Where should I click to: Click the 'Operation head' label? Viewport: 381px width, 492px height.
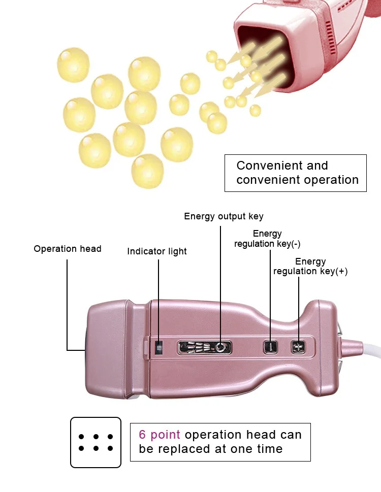point(68,249)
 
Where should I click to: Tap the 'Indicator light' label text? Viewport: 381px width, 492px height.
point(157,251)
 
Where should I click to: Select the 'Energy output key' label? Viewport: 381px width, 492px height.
point(224,216)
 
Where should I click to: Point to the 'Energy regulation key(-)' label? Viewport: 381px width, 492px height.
point(267,239)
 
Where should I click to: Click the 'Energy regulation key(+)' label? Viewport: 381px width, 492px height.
point(310,267)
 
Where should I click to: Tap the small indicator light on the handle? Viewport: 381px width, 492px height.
point(159,348)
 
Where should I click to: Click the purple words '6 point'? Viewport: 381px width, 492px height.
point(160,435)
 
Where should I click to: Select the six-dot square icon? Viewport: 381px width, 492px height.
point(96,442)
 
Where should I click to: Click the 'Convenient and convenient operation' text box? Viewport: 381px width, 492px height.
point(296,173)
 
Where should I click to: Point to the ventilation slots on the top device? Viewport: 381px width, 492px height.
point(329,38)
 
